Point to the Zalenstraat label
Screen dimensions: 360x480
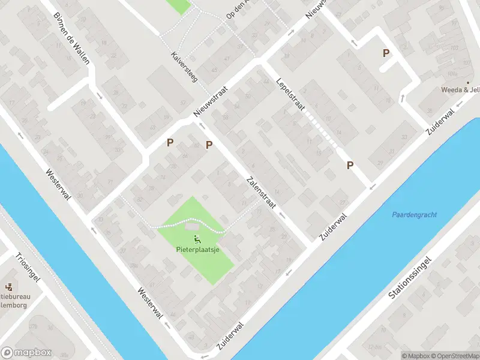[260, 192]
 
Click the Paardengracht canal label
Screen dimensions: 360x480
[414, 214]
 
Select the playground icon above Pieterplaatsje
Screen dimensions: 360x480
[197, 239]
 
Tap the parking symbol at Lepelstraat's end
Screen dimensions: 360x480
[350, 165]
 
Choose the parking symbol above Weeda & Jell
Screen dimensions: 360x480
[386, 53]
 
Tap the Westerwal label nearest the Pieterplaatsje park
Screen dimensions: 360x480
[150, 303]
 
